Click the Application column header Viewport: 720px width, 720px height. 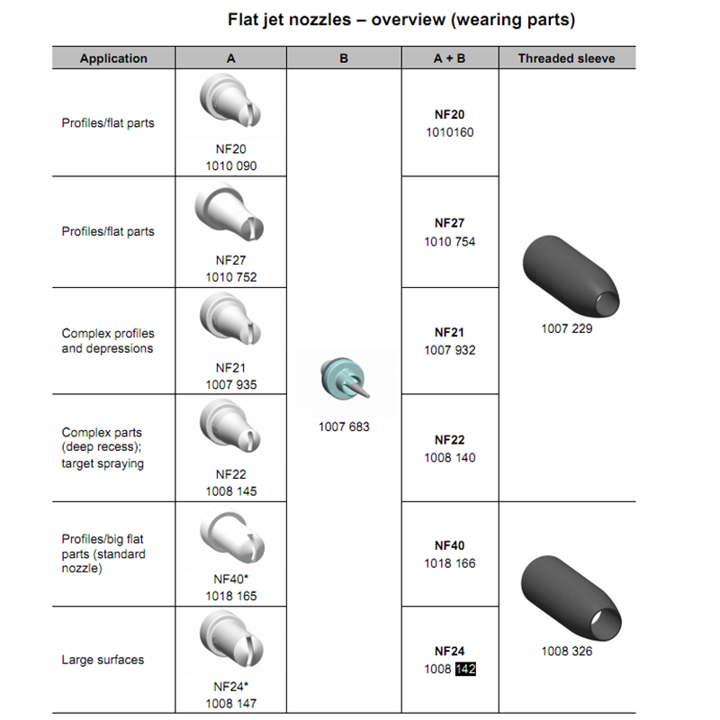click(113, 58)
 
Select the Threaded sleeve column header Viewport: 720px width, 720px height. click(566, 58)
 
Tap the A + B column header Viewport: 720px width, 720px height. click(449, 58)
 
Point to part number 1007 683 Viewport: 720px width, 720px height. click(344, 426)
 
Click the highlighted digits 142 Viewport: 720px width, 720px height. click(465, 669)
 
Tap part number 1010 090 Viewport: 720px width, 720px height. click(230, 166)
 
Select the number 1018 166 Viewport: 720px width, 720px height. click(450, 563)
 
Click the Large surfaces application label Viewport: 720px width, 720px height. click(103, 660)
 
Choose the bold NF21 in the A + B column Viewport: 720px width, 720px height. click(449, 332)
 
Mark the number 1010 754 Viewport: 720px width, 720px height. click(450, 241)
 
